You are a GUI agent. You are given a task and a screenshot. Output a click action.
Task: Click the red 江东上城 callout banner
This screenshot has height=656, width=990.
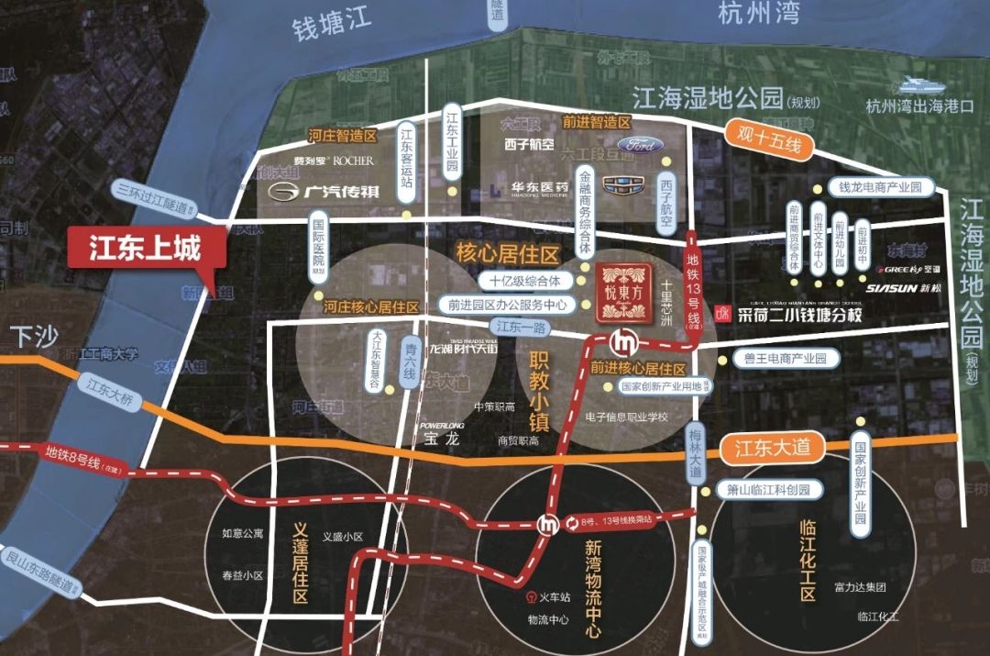click(144, 249)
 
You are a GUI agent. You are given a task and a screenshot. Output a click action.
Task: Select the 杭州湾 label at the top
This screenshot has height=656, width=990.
click(758, 13)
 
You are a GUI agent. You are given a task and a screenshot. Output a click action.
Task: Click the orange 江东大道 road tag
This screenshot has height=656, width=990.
click(773, 449)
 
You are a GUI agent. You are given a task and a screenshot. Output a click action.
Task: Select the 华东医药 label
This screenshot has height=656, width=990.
click(541, 188)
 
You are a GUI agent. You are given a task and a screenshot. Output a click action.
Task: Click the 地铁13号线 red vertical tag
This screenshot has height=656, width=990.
click(693, 286)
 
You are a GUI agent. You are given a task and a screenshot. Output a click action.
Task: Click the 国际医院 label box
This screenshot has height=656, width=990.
click(319, 245)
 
